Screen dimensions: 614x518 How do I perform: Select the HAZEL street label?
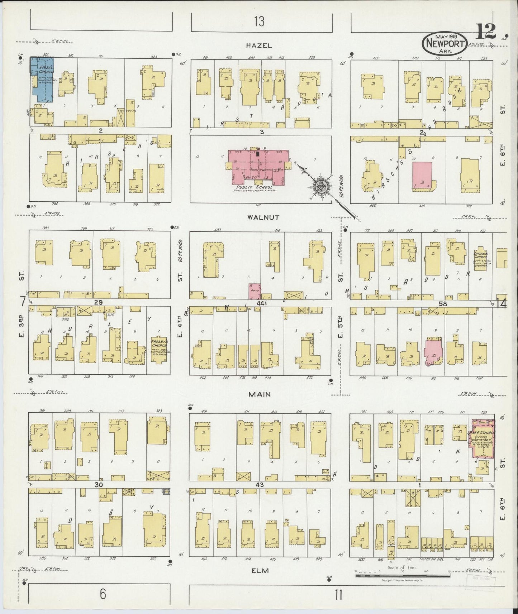[259, 45]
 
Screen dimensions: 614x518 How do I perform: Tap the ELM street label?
[260, 570]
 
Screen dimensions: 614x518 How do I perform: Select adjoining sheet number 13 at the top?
[259, 22]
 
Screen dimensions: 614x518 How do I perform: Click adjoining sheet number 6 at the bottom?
[103, 594]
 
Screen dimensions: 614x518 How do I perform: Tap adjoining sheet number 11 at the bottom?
[338, 595]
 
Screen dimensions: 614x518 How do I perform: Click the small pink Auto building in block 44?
[255, 291]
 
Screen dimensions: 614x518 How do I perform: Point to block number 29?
[98, 302]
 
